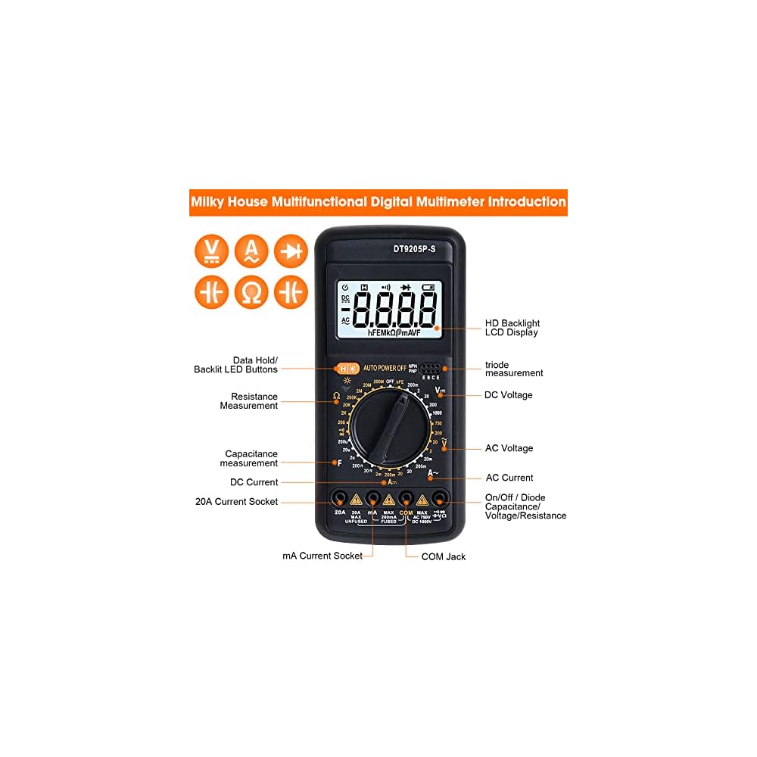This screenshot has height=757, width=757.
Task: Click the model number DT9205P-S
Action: pyautogui.click(x=413, y=247)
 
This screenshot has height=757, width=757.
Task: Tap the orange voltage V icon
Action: pyautogui.click(x=211, y=251)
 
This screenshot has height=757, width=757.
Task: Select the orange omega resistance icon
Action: pyautogui.click(x=251, y=291)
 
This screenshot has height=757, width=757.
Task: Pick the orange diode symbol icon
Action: pyautogui.click(x=291, y=251)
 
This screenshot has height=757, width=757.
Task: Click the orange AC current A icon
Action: pyautogui.click(x=251, y=251)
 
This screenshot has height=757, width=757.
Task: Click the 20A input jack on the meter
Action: pyautogui.click(x=340, y=498)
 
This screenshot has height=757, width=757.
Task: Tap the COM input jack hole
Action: pyautogui.click(x=406, y=498)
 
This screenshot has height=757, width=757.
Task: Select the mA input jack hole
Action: pyautogui.click(x=372, y=498)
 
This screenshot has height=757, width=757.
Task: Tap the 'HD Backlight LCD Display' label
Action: pyautogui.click(x=512, y=328)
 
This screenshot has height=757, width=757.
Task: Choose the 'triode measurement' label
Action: pyautogui.click(x=514, y=369)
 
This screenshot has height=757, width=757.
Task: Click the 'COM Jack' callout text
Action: pyautogui.click(x=444, y=556)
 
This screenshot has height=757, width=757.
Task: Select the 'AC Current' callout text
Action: pyautogui.click(x=509, y=478)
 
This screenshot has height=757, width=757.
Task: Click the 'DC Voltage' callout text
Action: pyautogui.click(x=508, y=395)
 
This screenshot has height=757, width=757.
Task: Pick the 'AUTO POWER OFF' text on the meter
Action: pyautogui.click(x=385, y=368)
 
